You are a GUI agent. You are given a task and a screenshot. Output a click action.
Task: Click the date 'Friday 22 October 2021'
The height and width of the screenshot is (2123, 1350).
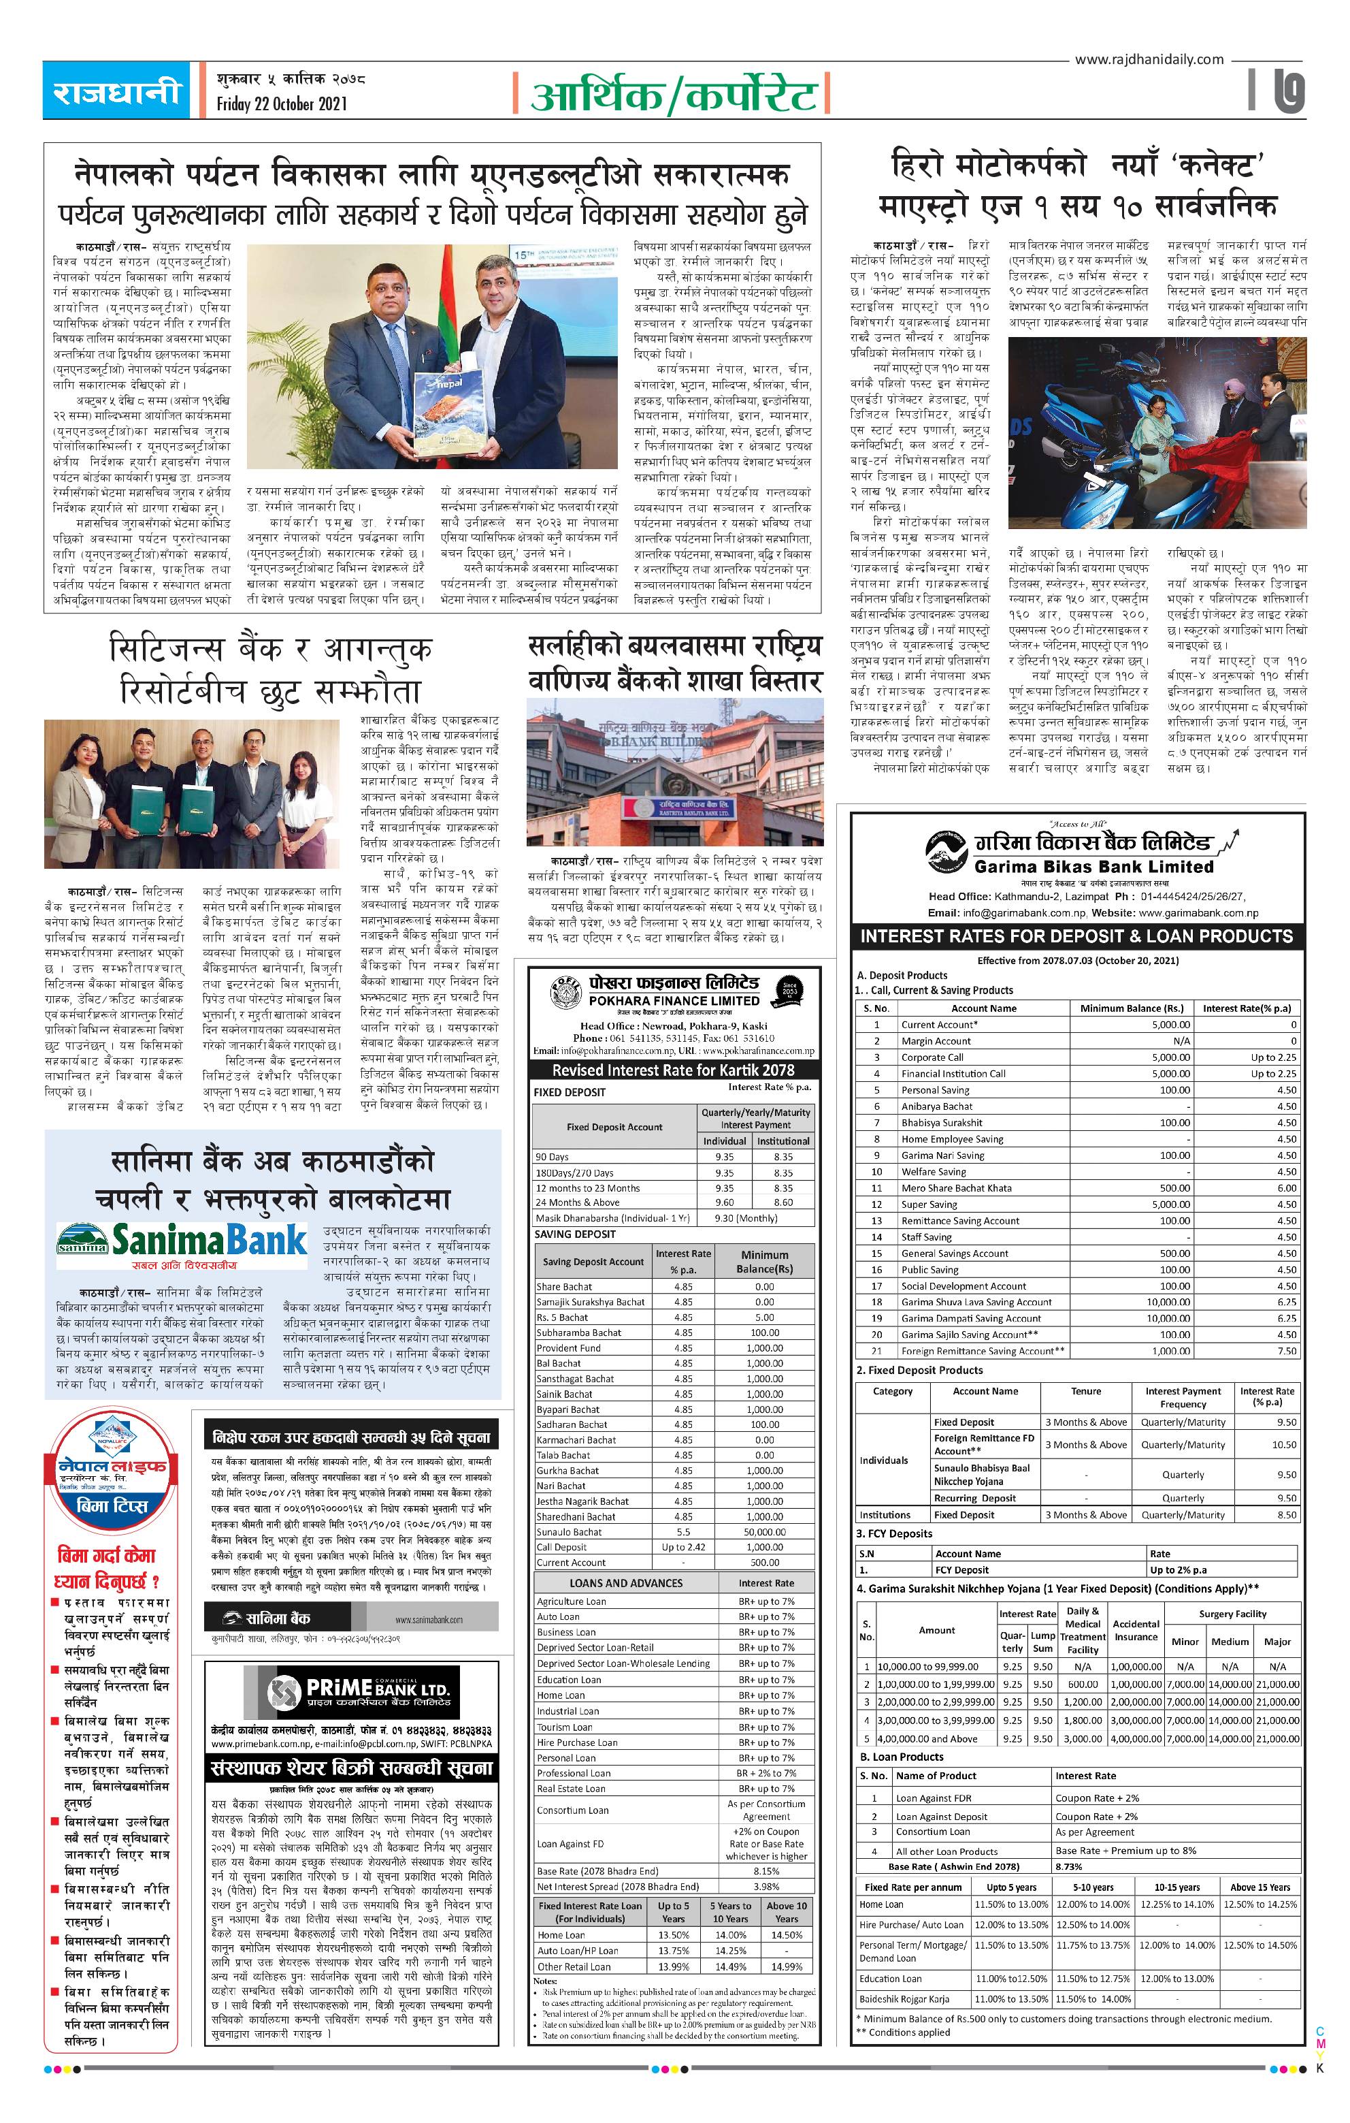click(282, 104)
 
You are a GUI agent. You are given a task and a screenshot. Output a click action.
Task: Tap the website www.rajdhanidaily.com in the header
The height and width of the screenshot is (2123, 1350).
click(1149, 59)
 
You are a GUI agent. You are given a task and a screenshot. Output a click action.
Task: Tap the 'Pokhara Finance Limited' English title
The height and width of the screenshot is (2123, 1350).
click(674, 1001)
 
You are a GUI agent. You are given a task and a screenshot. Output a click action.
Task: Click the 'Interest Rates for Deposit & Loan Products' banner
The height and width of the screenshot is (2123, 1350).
click(1077, 936)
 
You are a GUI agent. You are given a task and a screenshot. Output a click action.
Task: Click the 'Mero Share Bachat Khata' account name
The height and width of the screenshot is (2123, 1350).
click(944, 1187)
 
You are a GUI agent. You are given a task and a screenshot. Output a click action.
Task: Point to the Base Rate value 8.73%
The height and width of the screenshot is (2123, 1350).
click(1068, 1866)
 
